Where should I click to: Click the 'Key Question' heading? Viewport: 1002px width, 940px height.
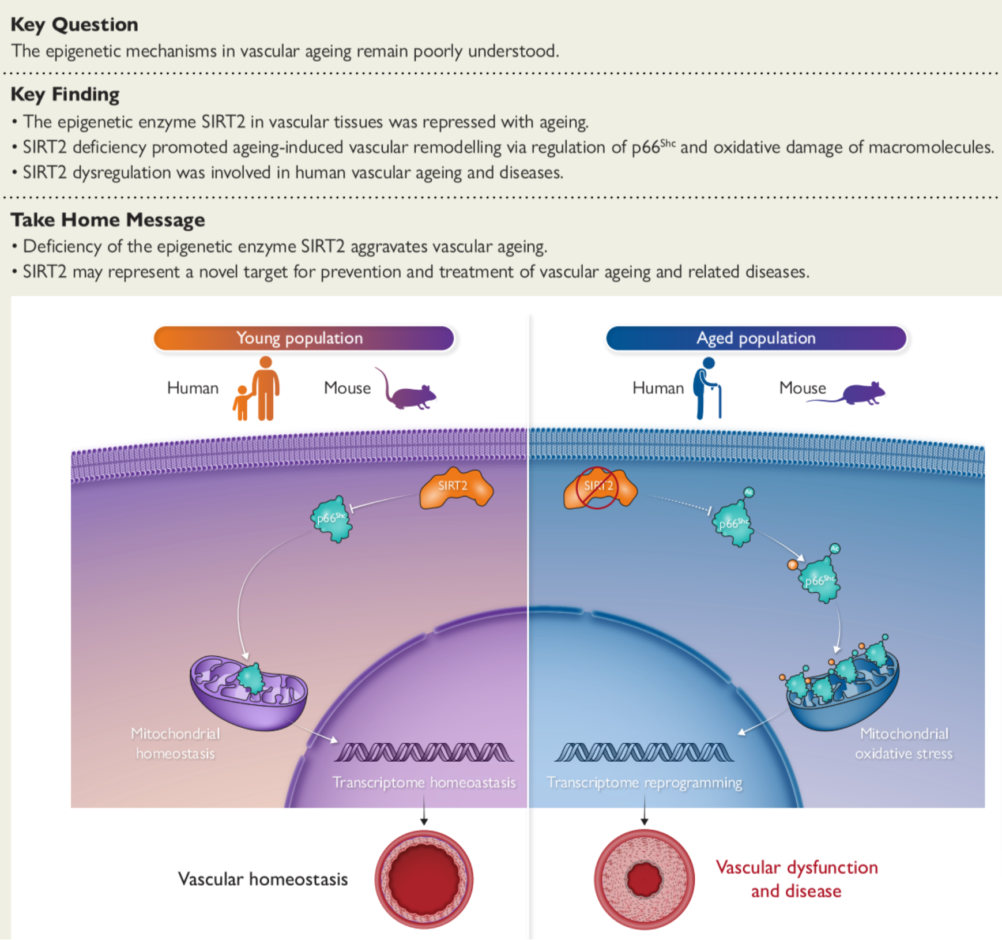point(74,24)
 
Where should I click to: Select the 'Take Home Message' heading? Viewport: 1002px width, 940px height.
point(108,220)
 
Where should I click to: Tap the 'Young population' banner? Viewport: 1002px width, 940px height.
point(304,339)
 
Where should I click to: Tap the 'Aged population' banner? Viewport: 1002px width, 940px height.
point(756,339)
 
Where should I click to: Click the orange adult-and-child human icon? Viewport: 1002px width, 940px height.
point(258,389)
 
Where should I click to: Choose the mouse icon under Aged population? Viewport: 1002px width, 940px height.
point(853,394)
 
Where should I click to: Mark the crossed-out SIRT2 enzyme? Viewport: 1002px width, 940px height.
point(599,488)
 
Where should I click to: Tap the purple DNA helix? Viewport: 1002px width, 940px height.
point(424,752)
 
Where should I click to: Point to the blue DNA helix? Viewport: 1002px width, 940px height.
point(644,752)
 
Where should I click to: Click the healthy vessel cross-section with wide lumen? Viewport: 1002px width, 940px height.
point(424,879)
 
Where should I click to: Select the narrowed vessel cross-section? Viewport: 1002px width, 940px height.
point(644,879)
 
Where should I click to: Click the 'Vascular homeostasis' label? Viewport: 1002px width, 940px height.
point(263,879)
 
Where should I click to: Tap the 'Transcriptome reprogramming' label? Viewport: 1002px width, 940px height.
point(644,783)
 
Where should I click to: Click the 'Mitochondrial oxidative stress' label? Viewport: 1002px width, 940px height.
point(903,743)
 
